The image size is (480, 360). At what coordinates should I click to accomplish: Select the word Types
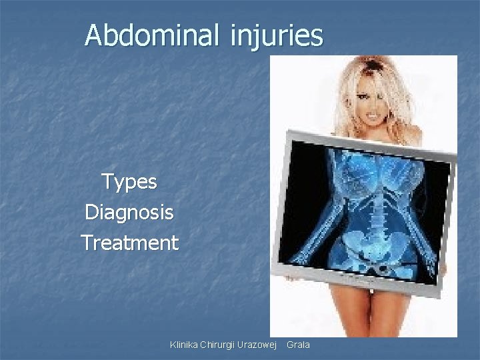coord(129,182)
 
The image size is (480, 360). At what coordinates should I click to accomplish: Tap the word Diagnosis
coord(129,213)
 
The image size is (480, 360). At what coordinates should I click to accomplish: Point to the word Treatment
coord(129,243)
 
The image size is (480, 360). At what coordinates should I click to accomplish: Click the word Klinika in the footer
coord(185,345)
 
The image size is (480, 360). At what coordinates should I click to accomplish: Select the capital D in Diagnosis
coord(91,213)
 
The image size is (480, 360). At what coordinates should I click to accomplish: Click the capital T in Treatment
coord(87,243)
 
